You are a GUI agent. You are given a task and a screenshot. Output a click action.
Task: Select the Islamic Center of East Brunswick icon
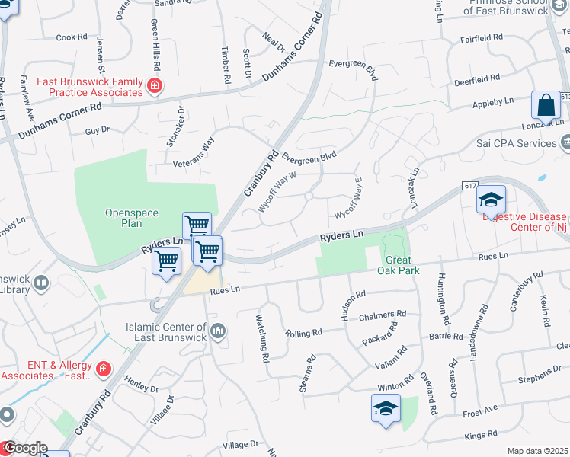219,331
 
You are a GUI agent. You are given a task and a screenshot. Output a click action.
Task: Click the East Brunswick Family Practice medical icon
155,85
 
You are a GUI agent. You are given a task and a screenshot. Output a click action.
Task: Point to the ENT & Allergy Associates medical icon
104,369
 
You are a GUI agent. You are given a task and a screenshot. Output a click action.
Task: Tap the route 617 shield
468,186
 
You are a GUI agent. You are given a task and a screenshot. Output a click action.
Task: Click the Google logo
24,447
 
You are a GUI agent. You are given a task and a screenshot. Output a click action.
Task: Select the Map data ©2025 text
537,451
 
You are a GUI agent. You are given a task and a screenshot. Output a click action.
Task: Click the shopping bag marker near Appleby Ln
546,106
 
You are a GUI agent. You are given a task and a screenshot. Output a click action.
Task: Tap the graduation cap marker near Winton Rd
386,408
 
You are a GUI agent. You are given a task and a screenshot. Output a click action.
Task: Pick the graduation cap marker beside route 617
491,200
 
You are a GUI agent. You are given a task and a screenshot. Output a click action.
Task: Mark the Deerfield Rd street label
476,78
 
